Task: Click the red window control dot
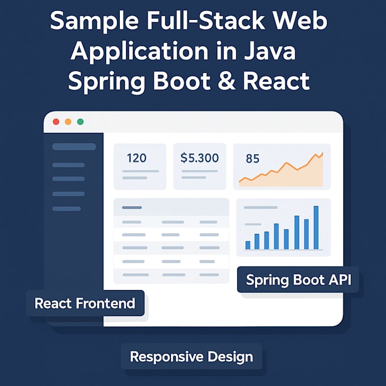[x=56, y=122]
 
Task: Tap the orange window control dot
[x=68, y=122]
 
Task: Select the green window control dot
[x=80, y=122]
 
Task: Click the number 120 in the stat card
[x=136, y=158]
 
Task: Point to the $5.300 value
[x=199, y=158]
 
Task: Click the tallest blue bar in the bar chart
[x=316, y=228]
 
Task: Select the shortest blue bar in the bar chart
[x=247, y=245]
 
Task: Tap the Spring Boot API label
[x=298, y=279]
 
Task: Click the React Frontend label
[x=85, y=303]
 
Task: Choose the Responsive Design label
[x=191, y=357]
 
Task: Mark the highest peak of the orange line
[x=322, y=153]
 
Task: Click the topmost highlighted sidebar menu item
[x=74, y=146]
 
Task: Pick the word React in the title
[x=276, y=81]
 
